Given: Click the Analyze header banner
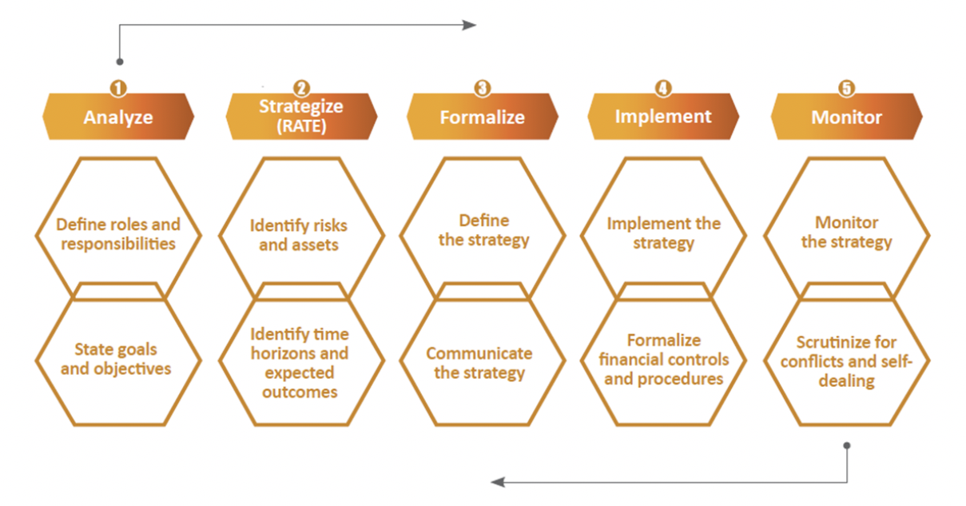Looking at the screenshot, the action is [118, 117].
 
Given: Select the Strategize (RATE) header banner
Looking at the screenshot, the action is [301, 117].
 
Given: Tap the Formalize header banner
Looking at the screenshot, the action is [483, 117].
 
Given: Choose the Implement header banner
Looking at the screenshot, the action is [663, 117].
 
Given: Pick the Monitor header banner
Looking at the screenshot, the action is [846, 117].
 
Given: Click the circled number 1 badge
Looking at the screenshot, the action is [118, 89].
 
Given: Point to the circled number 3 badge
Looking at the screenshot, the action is [483, 89].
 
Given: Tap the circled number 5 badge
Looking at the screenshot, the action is [846, 89].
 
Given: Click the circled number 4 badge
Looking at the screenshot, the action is [663, 89].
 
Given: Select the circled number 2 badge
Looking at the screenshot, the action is [301, 89].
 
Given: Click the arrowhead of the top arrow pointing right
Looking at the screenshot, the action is [469, 25].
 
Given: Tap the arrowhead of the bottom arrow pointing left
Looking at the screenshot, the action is [498, 482].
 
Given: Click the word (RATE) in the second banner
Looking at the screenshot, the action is [301, 126].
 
